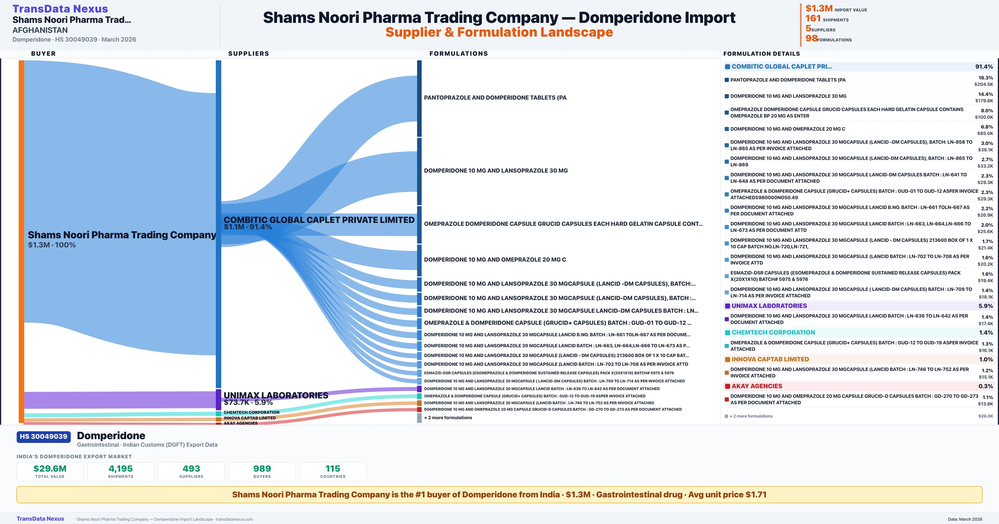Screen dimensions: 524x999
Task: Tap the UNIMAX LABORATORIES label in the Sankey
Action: (276, 395)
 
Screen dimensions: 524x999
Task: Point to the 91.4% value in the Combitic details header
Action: (984, 67)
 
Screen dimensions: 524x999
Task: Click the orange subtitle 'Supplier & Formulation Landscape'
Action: (499, 32)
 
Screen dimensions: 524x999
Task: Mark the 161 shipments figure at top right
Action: (813, 19)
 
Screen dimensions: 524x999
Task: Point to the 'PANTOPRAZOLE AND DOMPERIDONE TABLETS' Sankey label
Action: (495, 98)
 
